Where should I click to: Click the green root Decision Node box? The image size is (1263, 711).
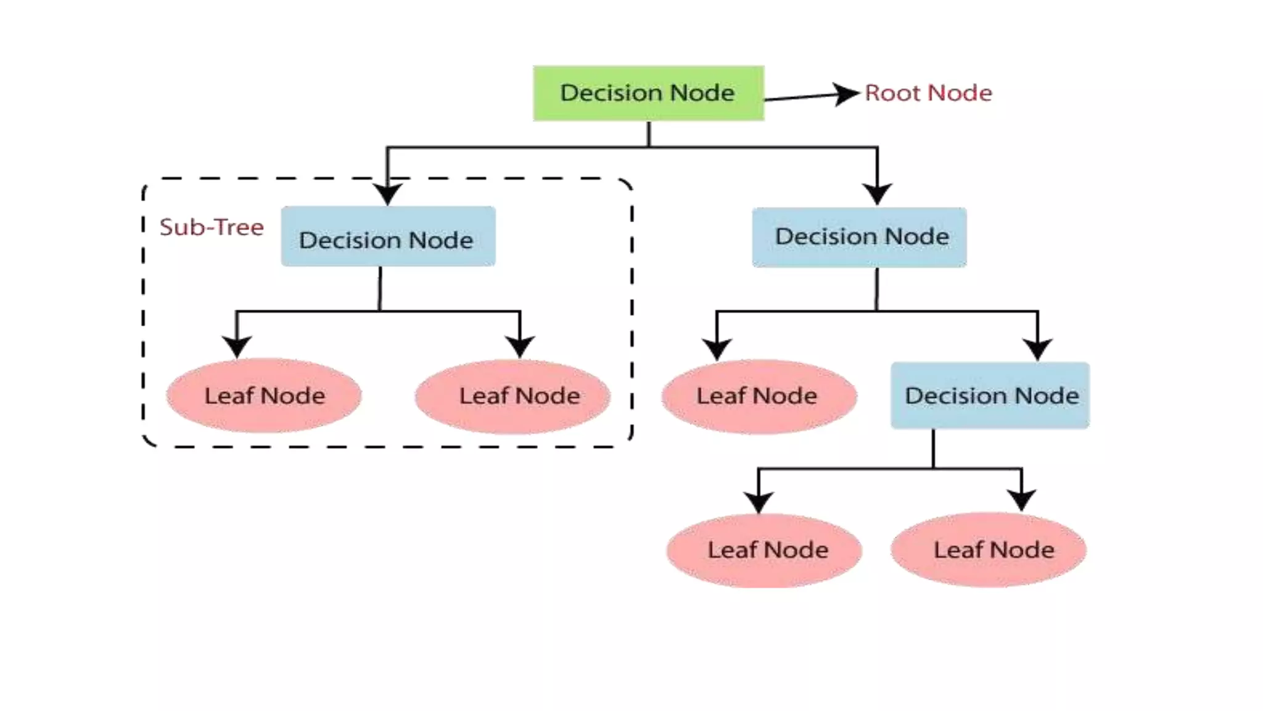tap(648, 93)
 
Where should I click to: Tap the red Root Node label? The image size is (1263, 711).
tap(928, 93)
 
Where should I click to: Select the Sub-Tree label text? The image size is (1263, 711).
tap(212, 227)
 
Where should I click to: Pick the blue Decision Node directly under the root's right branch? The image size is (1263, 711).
tap(859, 237)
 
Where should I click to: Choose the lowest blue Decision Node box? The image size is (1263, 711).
tap(990, 395)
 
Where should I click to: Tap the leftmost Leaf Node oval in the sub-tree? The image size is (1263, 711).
tap(264, 395)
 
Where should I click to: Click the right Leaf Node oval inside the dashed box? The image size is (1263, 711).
tap(513, 396)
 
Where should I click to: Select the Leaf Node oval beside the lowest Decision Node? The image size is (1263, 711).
tap(759, 396)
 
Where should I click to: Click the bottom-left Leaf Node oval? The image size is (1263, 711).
tap(764, 550)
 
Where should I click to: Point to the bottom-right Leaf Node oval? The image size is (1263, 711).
tap(989, 549)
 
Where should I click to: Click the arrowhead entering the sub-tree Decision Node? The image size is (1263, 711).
tap(387, 194)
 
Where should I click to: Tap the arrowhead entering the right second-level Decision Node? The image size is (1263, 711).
tap(877, 194)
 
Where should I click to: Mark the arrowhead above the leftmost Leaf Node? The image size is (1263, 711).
tap(237, 347)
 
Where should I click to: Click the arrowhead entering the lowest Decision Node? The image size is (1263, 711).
tap(1037, 349)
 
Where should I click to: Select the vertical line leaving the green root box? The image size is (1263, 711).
tap(649, 134)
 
